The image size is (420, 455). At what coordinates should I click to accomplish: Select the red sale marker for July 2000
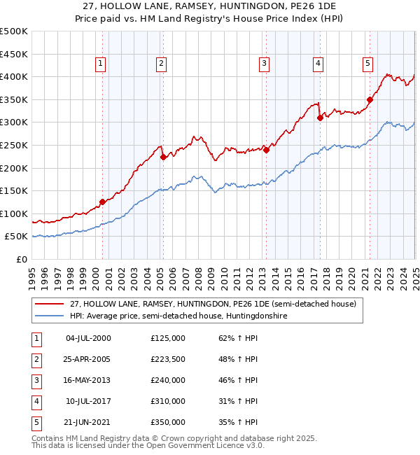[102, 202]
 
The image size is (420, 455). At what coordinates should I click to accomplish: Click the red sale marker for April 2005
[163, 157]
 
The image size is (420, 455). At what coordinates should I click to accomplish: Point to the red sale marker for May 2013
[266, 149]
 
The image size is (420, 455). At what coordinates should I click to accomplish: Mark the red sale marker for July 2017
[319, 118]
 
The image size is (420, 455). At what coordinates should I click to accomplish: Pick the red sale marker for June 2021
[370, 99]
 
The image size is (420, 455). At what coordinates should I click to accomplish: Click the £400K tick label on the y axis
[14, 76]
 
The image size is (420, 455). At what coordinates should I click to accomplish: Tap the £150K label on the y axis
[14, 190]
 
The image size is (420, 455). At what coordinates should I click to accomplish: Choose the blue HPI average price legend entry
[178, 316]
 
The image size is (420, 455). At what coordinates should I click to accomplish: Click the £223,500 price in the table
[168, 360]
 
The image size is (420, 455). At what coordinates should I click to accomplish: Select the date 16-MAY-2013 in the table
[88, 380]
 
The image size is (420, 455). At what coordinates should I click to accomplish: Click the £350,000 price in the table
[168, 422]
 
